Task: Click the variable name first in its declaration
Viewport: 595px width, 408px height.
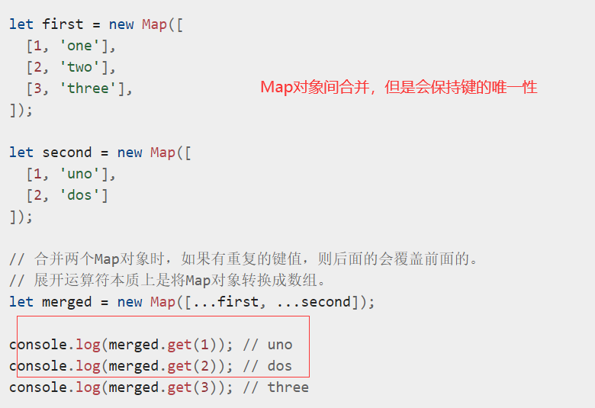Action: (x=63, y=24)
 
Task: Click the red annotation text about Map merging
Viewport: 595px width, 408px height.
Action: (x=398, y=87)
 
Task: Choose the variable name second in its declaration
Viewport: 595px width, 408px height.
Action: (x=67, y=153)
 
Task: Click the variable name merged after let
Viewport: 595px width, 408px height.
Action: (x=67, y=302)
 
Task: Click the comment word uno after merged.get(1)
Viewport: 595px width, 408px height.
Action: (x=280, y=345)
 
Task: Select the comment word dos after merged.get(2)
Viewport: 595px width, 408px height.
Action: (x=280, y=366)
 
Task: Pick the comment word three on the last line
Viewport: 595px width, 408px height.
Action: (x=288, y=387)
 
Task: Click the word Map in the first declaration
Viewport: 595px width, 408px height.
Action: (x=154, y=24)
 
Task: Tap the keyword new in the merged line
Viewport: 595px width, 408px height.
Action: (x=130, y=302)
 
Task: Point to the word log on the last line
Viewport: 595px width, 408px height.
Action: (x=88, y=387)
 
